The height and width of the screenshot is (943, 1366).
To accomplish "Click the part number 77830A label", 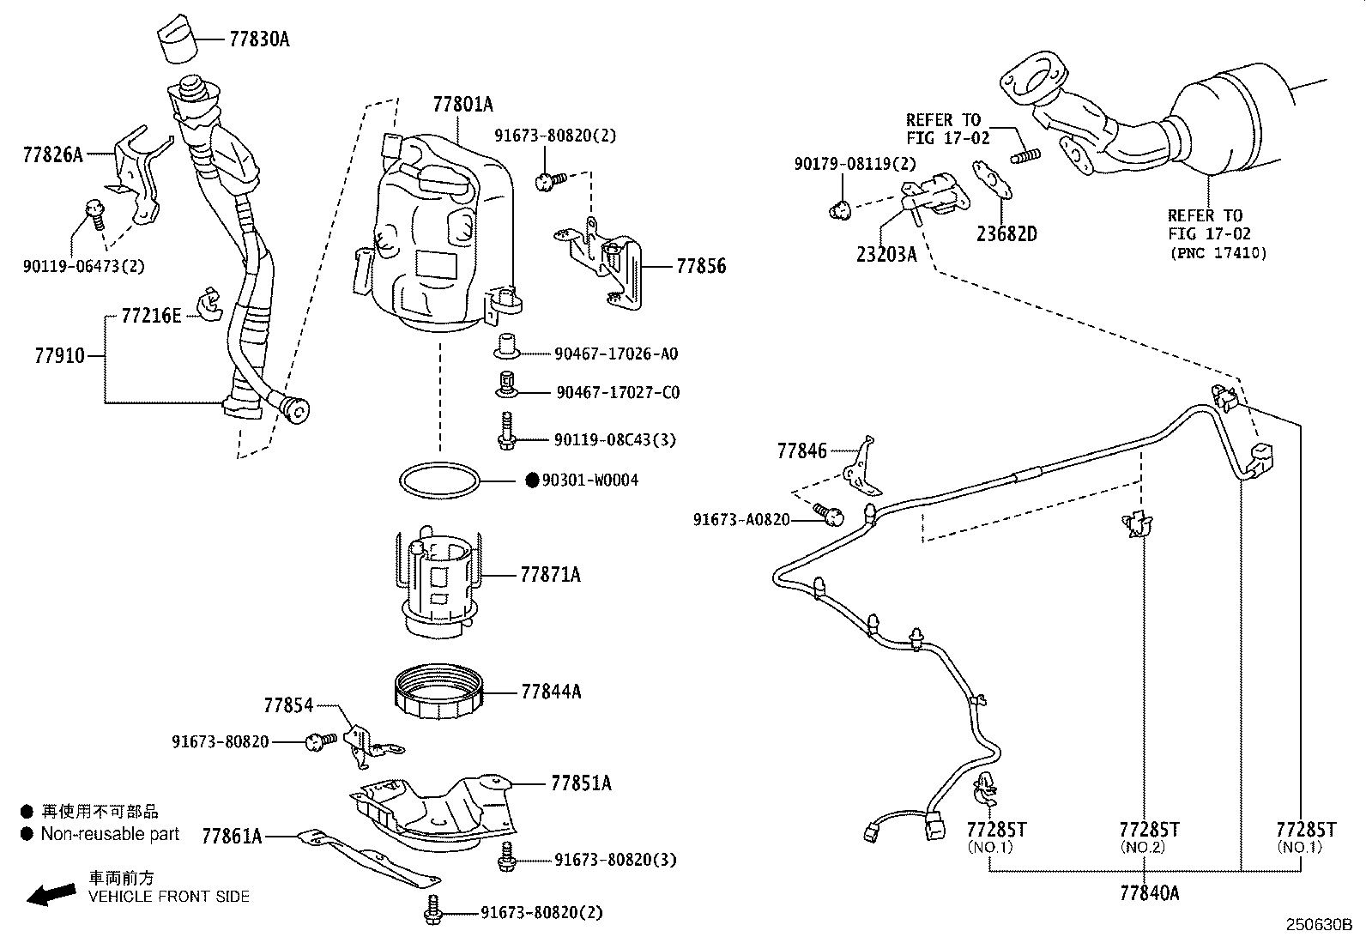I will (259, 39).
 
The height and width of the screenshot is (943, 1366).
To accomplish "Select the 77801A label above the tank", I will (463, 105).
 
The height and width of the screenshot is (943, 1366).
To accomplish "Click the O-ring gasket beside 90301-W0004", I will (439, 480).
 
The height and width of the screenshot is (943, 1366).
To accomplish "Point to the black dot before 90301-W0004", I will (532, 480).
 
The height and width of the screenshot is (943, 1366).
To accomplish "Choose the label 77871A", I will (550, 575).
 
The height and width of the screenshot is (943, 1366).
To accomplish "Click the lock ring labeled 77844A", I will (438, 690).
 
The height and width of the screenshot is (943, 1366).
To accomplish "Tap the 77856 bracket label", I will (701, 266).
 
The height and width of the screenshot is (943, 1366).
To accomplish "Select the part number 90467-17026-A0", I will (616, 354).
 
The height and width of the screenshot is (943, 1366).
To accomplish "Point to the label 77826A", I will (53, 154).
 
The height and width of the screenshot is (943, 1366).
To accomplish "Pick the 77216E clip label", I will (151, 316).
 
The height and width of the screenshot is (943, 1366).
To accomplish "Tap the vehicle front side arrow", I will (50, 895).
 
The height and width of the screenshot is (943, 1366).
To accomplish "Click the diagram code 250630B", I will (1318, 925).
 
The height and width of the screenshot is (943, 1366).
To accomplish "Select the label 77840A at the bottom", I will (1149, 893).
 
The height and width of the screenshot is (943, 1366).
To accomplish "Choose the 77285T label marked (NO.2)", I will (1149, 830).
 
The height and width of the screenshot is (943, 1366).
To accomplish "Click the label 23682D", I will (1006, 233).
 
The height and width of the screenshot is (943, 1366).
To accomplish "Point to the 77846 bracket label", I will (802, 450).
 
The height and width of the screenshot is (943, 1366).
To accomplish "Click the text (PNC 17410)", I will (1218, 253).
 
